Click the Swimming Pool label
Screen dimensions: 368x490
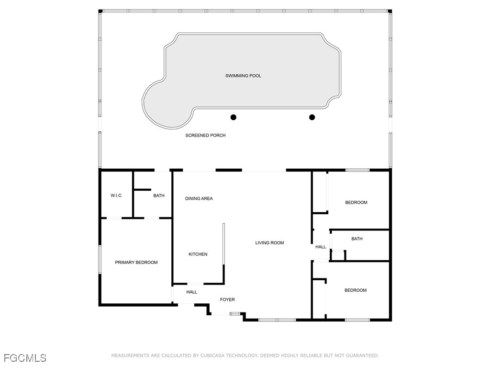click(243, 76)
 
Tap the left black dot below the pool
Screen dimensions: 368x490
click(234, 117)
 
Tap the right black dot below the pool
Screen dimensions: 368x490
click(312, 117)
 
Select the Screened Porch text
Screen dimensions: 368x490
click(205, 136)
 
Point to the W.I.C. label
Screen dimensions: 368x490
click(116, 195)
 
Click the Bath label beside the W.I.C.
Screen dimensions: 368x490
click(158, 195)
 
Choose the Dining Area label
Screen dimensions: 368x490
click(199, 198)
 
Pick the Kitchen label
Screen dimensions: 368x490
click(198, 254)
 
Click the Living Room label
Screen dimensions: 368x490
click(269, 243)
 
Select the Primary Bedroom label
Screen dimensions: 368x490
click(136, 263)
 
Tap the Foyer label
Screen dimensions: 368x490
click(227, 300)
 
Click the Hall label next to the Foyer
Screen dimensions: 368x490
click(191, 292)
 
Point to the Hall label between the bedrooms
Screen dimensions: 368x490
click(321, 247)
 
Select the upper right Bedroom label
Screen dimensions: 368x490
click(356, 203)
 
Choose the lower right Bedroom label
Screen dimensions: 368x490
click(356, 290)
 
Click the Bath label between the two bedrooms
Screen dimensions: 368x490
click(356, 239)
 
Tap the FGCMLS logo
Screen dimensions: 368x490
click(25, 358)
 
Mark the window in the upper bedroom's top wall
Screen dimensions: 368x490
click(357, 170)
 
